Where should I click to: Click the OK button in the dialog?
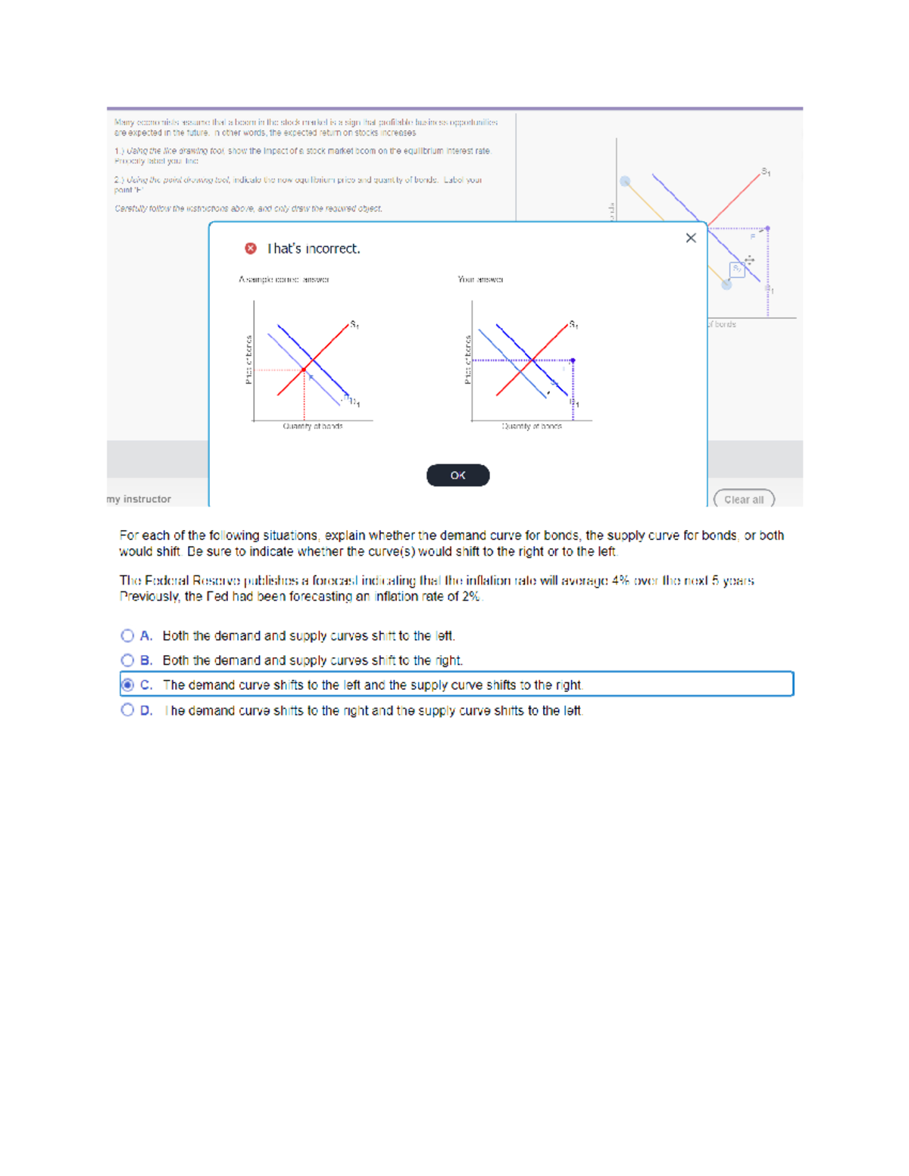point(458,476)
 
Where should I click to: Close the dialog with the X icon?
point(691,238)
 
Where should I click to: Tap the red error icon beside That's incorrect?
point(251,248)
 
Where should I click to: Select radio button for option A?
point(127,636)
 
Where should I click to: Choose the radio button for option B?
point(127,660)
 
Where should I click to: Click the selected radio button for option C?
point(127,685)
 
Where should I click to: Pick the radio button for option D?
point(127,710)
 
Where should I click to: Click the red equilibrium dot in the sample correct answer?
point(304,370)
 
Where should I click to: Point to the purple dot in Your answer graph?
point(573,360)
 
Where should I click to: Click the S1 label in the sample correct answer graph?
point(354,325)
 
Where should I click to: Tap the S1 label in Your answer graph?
point(573,325)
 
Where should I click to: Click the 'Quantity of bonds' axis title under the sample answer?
point(313,426)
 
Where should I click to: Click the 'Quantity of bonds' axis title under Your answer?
point(532,426)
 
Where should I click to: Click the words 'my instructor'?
point(139,499)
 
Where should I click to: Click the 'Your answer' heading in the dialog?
point(480,279)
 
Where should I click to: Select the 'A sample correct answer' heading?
point(284,279)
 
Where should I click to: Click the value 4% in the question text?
point(620,581)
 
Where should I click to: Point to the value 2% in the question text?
point(470,597)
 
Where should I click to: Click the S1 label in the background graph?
point(766,172)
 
